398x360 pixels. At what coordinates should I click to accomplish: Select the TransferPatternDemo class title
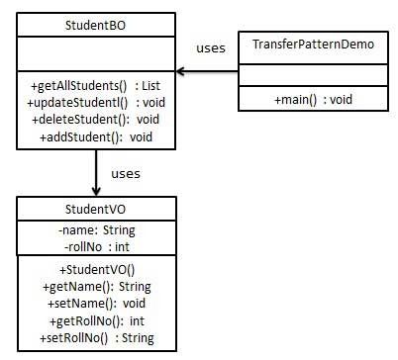[302, 47]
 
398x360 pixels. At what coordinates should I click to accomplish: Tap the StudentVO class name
[96, 210]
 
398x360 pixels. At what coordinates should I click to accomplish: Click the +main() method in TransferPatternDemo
[302, 100]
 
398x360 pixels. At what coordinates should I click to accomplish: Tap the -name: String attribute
[96, 228]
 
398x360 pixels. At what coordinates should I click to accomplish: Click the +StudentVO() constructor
[96, 269]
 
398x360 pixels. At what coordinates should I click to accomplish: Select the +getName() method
[96, 286]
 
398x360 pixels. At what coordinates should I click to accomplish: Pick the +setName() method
[96, 303]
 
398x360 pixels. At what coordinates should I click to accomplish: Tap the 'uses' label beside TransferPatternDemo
[210, 47]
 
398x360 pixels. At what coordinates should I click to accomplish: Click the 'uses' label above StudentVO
[125, 173]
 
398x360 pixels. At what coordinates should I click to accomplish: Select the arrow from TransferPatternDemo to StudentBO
[208, 70]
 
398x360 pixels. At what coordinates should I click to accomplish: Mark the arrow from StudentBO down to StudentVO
[96, 173]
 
